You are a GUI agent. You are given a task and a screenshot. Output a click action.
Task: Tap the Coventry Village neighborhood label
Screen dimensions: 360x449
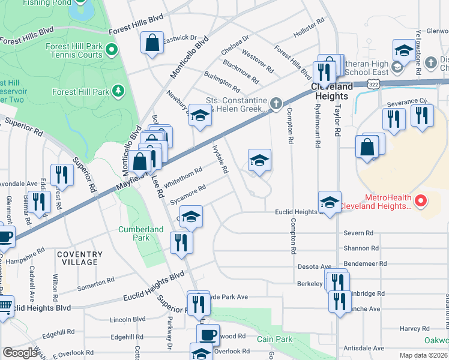click(x=77, y=258)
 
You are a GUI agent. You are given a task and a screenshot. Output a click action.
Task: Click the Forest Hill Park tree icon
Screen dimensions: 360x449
click(x=119, y=91)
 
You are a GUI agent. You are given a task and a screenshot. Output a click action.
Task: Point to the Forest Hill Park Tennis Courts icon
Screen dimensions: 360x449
click(x=112, y=49)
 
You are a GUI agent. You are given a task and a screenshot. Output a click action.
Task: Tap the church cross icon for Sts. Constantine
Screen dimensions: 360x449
click(x=276, y=104)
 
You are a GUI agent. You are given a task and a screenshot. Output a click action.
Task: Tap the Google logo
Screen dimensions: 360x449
click(x=20, y=353)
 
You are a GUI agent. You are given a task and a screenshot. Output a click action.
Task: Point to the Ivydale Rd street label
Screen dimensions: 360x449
click(x=220, y=159)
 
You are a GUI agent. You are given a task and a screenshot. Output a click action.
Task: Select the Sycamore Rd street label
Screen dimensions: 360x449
click(x=188, y=193)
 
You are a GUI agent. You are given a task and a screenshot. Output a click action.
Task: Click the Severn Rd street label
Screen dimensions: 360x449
click(x=358, y=233)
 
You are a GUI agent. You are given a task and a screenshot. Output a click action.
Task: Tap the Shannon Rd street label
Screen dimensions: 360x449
click(x=361, y=248)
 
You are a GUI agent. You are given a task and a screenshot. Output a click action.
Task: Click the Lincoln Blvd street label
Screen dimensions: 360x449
click(x=128, y=319)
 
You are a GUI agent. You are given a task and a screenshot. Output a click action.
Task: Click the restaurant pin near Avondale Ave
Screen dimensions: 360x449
click(x=62, y=174)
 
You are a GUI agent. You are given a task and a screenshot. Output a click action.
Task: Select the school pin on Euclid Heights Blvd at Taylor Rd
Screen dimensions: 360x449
click(x=330, y=203)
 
